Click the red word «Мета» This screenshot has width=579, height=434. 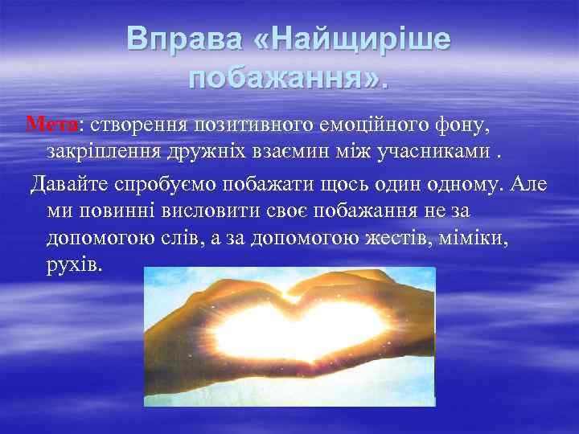point(52,125)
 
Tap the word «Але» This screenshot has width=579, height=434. point(528,184)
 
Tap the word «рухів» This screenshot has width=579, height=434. point(74,264)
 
